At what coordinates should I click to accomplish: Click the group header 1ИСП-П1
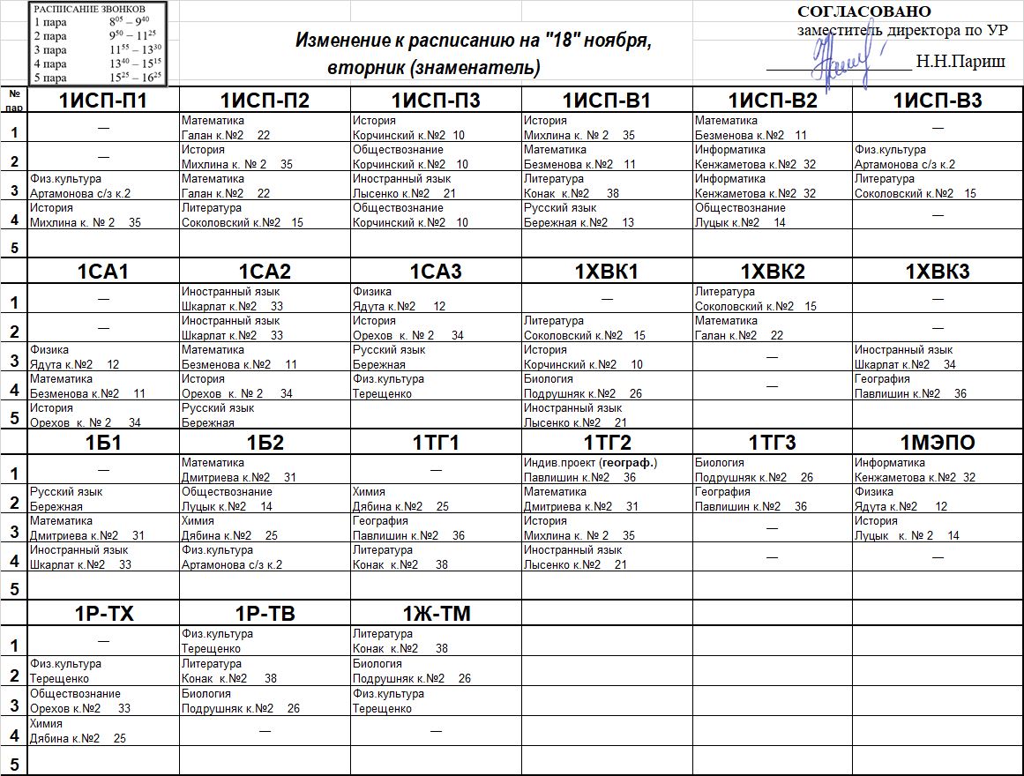coord(103,101)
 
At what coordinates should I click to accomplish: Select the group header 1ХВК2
coord(773,272)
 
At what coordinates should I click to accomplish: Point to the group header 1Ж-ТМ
coord(436,615)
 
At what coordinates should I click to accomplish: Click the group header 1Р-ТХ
coord(103,615)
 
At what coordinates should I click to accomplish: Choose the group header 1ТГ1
coord(436,443)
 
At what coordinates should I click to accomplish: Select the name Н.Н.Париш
coord(960,62)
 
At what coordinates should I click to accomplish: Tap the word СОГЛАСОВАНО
coord(863,11)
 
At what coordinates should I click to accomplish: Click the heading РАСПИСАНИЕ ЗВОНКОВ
coord(84,9)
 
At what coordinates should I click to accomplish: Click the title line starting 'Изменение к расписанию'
coord(473,41)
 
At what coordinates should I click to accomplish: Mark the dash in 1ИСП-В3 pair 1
coord(938,128)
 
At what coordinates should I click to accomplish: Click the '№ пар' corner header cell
coord(14,100)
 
